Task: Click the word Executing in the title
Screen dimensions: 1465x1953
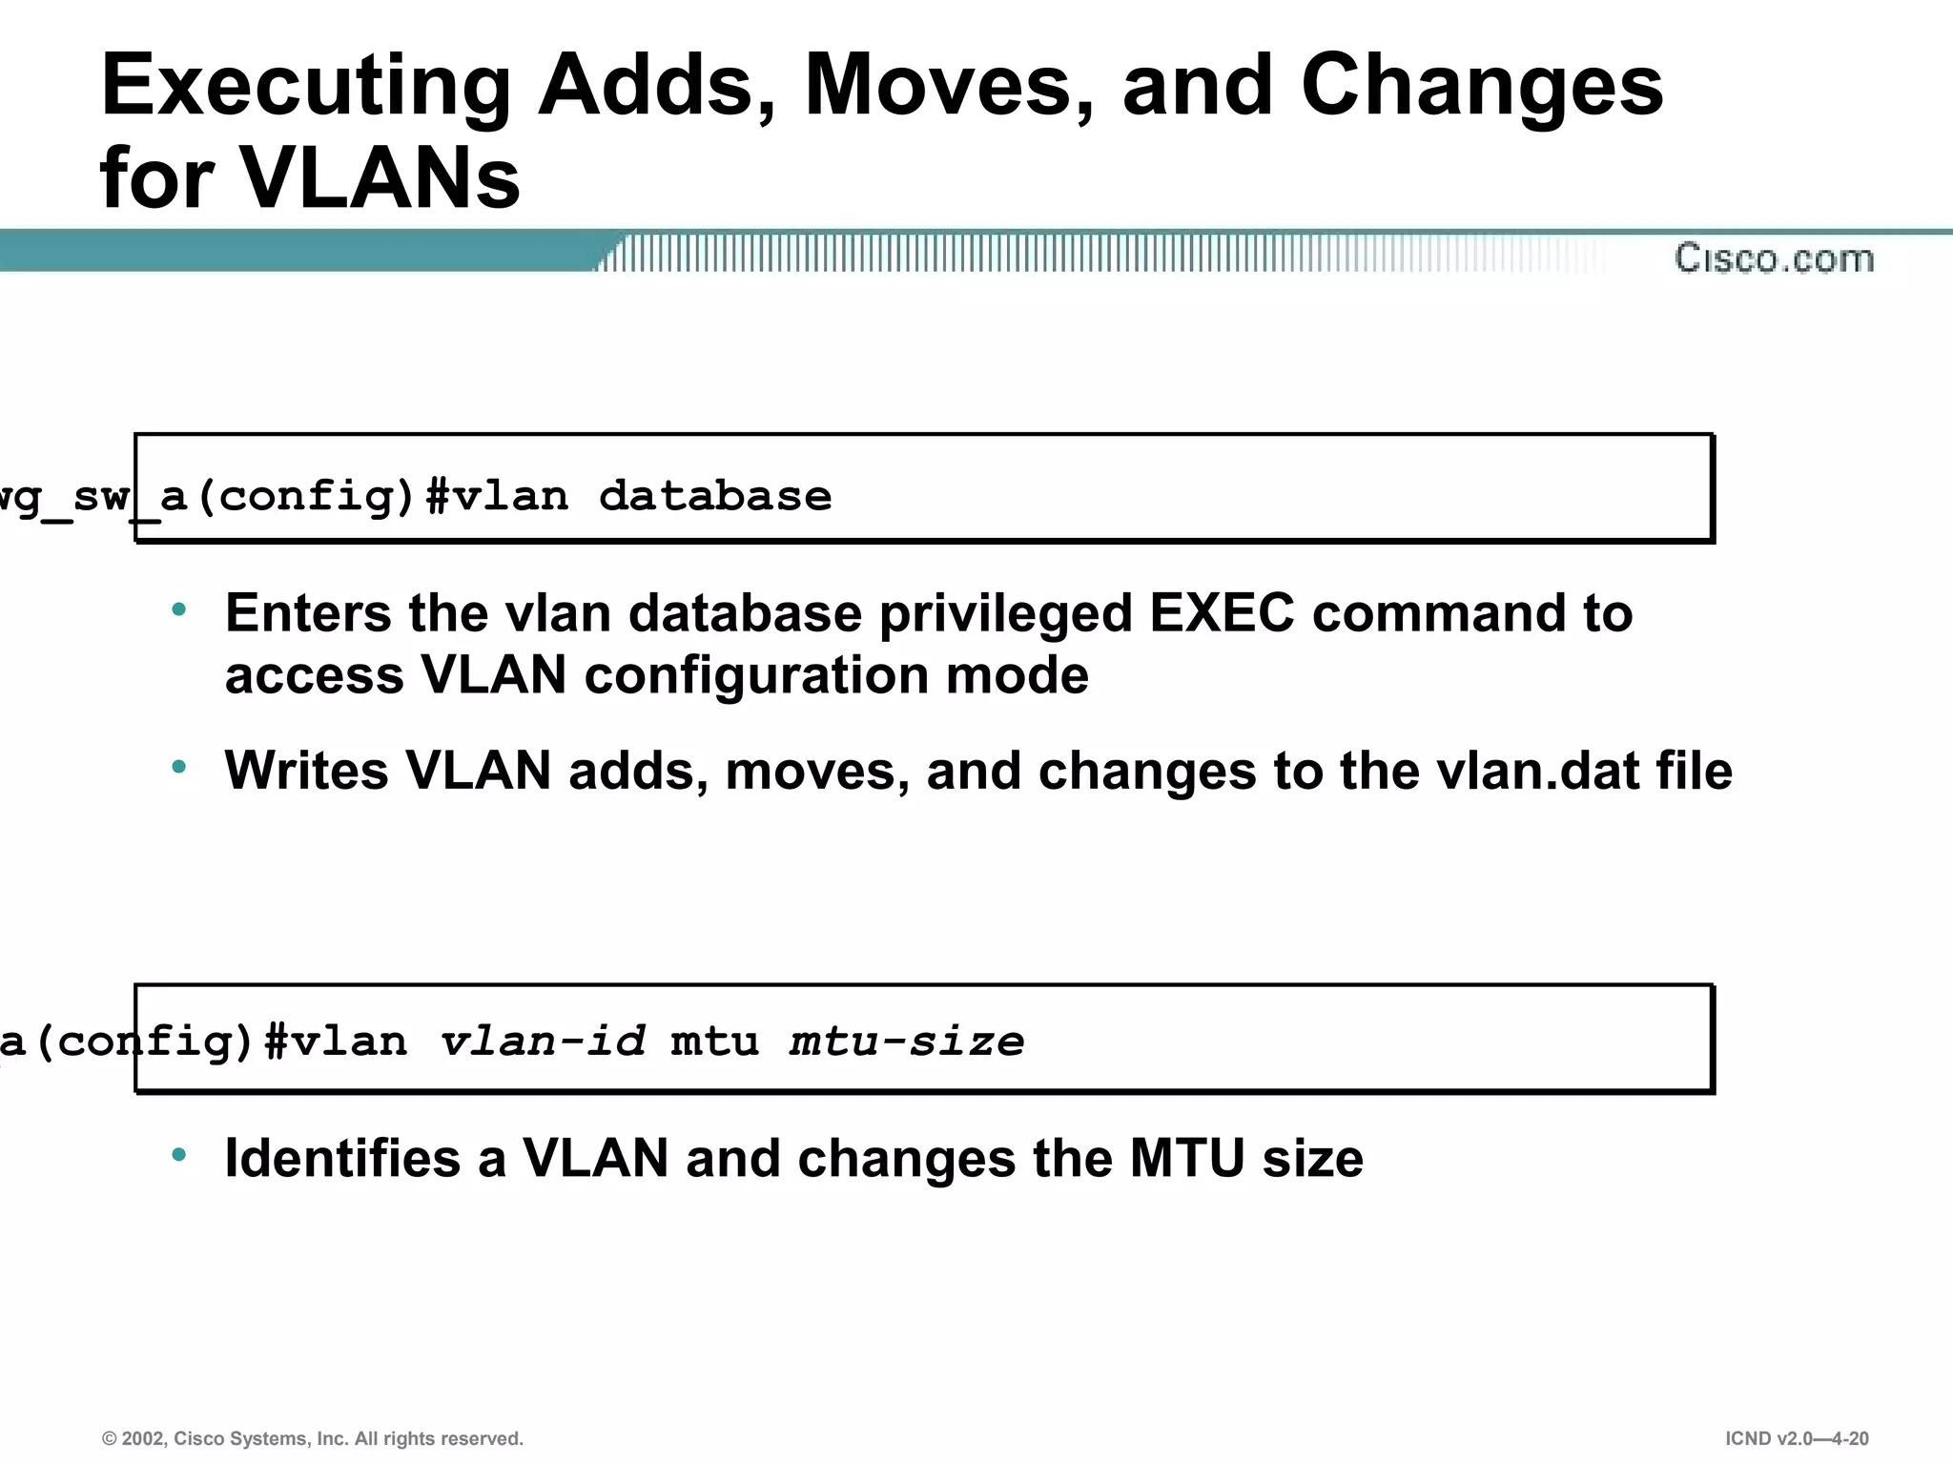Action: (305, 88)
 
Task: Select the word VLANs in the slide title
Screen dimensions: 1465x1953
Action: (380, 178)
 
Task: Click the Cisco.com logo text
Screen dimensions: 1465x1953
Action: (1774, 258)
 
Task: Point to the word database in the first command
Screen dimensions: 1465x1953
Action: (715, 497)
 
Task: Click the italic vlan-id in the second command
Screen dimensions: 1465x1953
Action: (543, 1041)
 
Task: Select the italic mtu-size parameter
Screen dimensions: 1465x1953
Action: (907, 1041)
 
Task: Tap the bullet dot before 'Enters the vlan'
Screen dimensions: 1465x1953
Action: (179, 609)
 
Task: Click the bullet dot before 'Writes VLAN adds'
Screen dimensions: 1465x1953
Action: (179, 767)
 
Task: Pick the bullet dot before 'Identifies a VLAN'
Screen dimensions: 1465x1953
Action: (179, 1155)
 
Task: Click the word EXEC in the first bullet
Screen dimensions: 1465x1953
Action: (1222, 613)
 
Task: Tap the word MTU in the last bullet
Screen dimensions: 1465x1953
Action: (1187, 1159)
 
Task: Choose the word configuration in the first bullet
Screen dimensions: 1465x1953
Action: (756, 677)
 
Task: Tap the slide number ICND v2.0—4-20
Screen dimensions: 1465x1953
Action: (1797, 1438)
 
